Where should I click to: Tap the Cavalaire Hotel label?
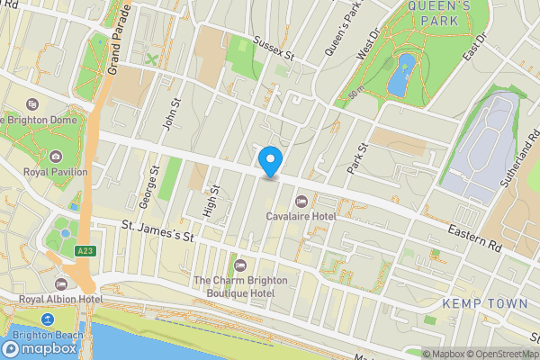[301, 215]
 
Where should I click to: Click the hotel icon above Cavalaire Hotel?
[301, 201]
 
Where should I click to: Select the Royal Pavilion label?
[56, 172]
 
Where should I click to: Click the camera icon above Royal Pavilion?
[56, 157]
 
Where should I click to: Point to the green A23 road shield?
[85, 250]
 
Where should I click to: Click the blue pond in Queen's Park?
[400, 74]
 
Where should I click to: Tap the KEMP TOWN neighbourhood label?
[484, 303]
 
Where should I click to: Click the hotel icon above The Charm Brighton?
[240, 265]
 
